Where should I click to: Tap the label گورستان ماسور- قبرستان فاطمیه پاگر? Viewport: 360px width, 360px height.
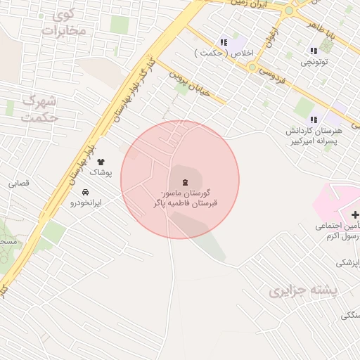tap(185, 198)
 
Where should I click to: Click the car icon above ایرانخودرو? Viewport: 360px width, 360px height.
tap(85, 192)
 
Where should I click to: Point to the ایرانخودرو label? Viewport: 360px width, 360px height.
tap(85, 202)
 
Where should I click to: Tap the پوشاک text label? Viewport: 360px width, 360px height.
tap(100, 172)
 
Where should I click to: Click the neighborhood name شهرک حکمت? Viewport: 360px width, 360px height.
tap(39, 109)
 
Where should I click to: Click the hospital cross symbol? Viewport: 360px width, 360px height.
tap(354, 214)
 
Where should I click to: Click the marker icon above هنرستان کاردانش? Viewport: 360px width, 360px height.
tap(313, 120)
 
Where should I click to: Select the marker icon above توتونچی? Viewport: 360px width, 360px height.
tap(313, 51)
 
